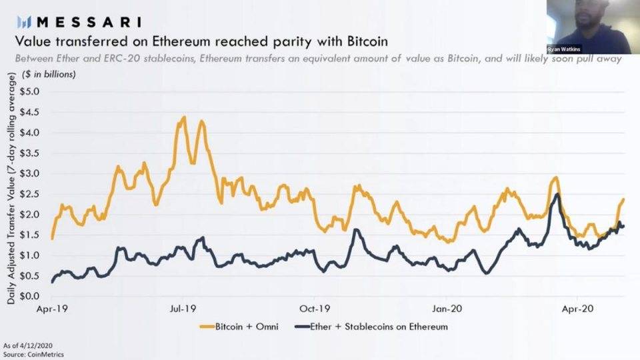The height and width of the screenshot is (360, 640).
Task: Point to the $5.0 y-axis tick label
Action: click(31, 91)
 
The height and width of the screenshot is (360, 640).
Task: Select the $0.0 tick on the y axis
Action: click(31, 296)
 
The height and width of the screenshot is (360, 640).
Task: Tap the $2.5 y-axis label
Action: click(31, 193)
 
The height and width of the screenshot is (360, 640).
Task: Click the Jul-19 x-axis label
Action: click(183, 309)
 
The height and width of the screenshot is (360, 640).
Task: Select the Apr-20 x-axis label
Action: click(578, 309)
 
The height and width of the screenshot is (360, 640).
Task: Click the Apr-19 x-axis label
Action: click(53, 309)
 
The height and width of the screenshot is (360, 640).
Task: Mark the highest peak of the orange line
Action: click(183, 117)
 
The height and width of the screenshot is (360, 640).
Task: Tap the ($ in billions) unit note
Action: click(41, 74)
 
